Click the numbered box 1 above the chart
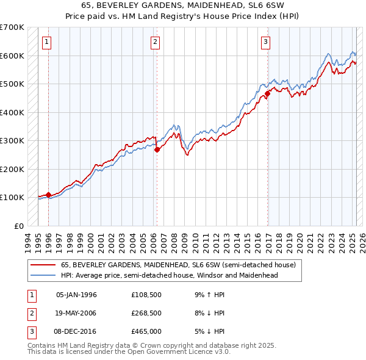tap(47, 42)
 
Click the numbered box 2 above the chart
tap(156, 42)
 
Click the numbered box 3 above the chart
tap(266, 42)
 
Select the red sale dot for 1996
tap(48, 195)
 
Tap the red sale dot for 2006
tap(157, 149)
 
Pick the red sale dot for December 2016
tap(267, 94)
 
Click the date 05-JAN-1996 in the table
tap(76, 295)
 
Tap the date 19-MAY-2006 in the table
tap(76, 313)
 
